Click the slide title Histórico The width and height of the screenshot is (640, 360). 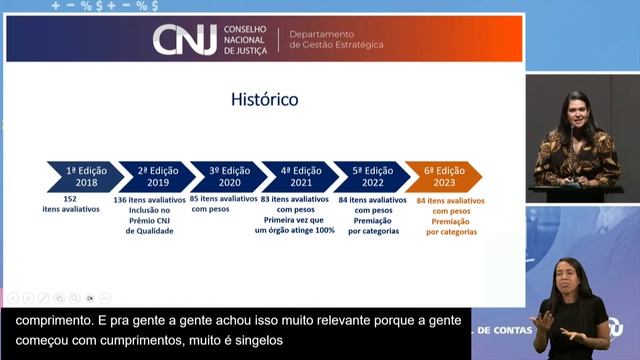tap(265, 101)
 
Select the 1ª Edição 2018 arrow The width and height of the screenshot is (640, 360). tap(85, 177)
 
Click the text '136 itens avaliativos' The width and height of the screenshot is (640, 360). tap(149, 200)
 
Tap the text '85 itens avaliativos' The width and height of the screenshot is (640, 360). tap(223, 200)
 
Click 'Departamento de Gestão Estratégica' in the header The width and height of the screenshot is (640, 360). tap(335, 39)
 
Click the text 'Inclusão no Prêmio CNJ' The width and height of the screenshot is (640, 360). tap(149, 221)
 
